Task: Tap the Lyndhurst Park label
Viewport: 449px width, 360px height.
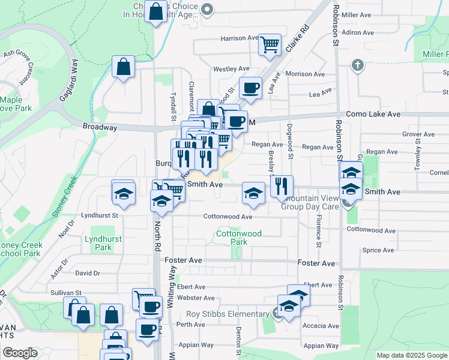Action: coord(103,242)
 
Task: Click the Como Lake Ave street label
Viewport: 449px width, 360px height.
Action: coord(373,114)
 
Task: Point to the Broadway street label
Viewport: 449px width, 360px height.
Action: coord(100,127)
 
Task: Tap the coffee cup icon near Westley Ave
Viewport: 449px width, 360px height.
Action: coord(250,88)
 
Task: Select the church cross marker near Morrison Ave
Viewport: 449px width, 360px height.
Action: coord(358,65)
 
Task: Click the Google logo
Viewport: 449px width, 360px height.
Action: coord(20,353)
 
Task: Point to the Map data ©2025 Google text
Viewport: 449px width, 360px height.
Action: coord(411,355)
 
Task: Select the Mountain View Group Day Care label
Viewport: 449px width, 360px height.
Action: coord(310,202)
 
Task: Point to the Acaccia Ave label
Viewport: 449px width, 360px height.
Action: coord(321,326)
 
